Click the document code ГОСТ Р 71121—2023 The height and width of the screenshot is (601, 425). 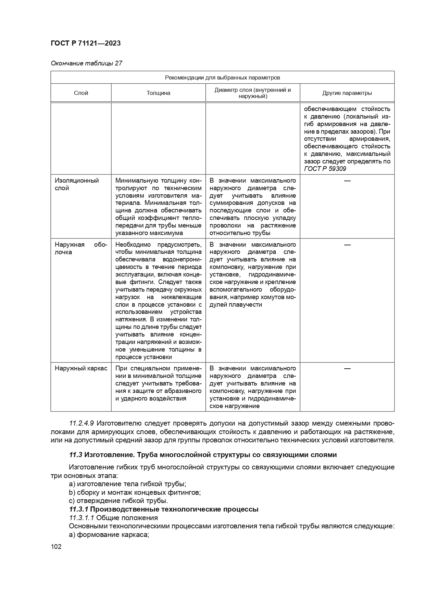pos(86,43)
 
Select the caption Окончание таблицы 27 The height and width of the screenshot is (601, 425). pos(86,63)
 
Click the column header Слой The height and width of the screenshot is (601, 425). pos(81,93)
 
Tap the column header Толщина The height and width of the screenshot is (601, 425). pos(158,93)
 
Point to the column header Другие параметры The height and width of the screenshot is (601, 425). pos(347,93)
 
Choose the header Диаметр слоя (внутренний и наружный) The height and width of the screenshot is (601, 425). pos(253,93)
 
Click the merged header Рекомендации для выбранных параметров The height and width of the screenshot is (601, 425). pos(223,77)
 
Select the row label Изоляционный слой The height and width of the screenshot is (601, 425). pos(76,184)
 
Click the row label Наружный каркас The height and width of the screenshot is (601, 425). pos(81,368)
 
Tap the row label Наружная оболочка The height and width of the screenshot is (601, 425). pos(81,248)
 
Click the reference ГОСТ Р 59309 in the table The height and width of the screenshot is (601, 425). pos(325,169)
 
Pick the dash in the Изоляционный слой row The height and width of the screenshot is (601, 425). pos(347,180)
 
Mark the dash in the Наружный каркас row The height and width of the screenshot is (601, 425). pos(347,368)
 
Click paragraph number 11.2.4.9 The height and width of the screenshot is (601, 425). pos(82,423)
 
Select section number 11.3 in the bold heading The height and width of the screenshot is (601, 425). pos(76,455)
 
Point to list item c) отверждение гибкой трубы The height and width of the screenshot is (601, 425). pos(118,501)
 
